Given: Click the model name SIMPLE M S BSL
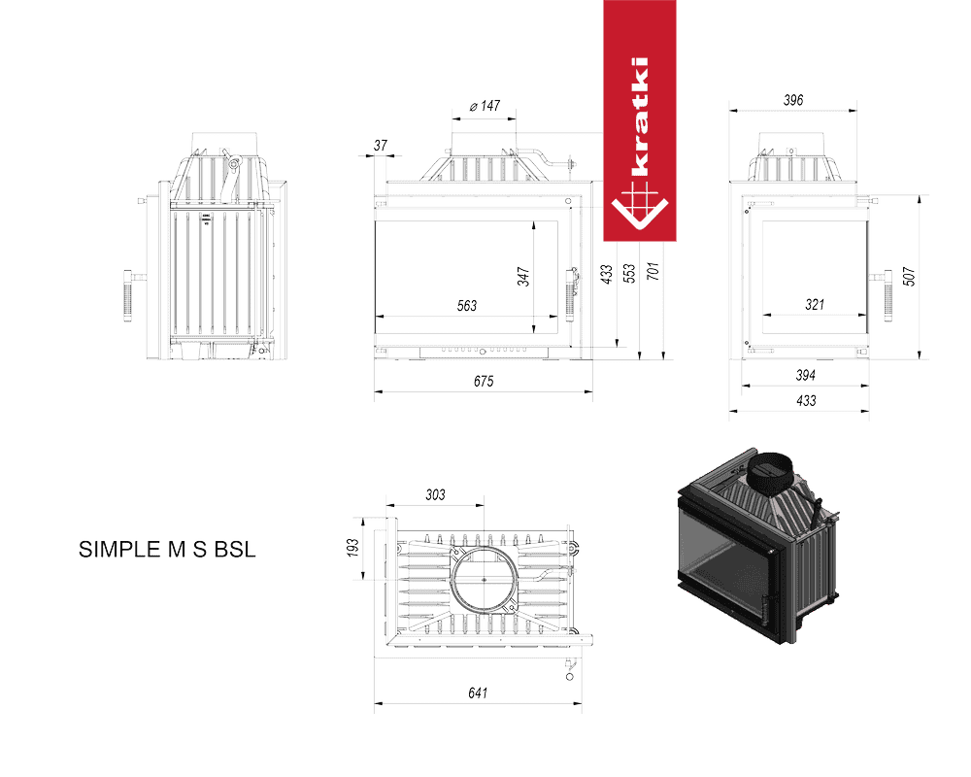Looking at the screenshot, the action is click(167, 550).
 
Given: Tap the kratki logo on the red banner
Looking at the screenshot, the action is click(640, 143).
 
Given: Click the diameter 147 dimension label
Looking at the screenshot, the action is click(485, 106).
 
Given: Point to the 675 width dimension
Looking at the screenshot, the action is click(484, 381).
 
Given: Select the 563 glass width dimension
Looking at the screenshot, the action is click(467, 306).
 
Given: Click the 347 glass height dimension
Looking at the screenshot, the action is click(524, 277).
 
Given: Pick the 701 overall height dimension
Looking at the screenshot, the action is click(653, 271).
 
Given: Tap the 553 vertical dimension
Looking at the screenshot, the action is click(629, 273).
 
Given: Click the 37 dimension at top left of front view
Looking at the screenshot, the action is click(381, 145).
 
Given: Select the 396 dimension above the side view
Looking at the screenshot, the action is click(793, 100).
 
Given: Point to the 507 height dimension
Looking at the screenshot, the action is click(909, 277).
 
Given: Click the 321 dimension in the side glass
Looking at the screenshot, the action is click(815, 304).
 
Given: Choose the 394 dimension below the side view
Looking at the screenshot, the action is click(806, 375).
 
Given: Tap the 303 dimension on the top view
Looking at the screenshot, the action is click(435, 494).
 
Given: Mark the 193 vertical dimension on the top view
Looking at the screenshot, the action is click(353, 548).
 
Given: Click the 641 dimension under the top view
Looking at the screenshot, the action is click(478, 693).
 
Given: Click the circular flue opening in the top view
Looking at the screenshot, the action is click(453, 580).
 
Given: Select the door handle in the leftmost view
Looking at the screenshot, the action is click(128, 295).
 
